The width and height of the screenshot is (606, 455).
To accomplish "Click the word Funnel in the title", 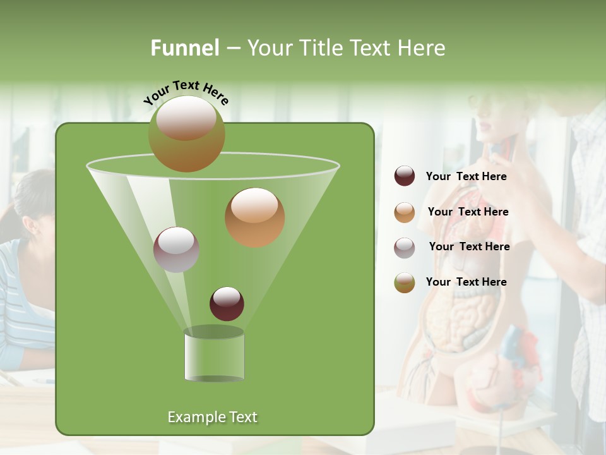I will (185, 48).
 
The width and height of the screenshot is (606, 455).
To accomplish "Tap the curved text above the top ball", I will (186, 92).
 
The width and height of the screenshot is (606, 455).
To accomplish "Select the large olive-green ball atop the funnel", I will (187, 134).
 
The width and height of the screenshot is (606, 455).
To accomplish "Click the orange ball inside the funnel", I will (254, 217).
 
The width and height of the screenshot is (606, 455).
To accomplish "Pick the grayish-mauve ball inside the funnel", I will (176, 250).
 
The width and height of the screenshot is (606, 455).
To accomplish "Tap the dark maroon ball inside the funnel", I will (227, 304).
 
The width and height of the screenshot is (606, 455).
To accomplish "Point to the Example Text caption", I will (212, 417).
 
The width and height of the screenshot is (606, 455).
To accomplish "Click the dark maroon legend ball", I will (405, 176).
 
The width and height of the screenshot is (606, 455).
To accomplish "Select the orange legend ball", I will (405, 212).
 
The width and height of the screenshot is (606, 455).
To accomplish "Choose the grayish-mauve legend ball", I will (405, 248).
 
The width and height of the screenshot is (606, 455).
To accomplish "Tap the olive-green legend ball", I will (405, 282).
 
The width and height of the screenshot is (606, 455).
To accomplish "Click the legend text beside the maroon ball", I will (466, 177).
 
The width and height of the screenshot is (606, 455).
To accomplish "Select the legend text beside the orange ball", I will (468, 212).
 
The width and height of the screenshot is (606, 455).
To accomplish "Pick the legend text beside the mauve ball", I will (469, 246).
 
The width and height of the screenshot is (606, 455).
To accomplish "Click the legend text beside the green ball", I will (466, 282).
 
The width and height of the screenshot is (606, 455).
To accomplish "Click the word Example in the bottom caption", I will (192, 417).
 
